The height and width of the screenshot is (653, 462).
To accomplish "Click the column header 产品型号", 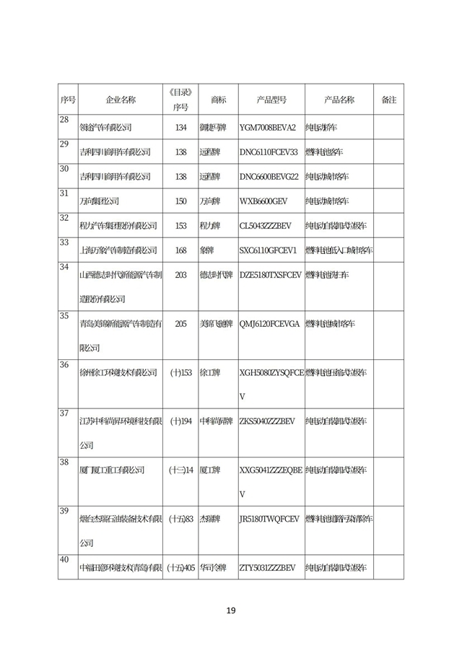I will pos(271,100).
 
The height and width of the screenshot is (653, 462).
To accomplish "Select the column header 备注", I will pos(388,100).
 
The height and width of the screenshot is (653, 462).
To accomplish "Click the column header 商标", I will pos(218,100).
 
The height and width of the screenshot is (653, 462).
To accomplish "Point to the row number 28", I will pos(64,120).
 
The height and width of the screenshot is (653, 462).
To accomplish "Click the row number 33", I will pos(64,242).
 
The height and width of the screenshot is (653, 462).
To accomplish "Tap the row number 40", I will pos(64,560).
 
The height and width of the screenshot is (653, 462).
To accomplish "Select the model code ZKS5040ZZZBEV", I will pos(267,421).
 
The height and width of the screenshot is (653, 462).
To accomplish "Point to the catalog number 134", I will pos(181,128).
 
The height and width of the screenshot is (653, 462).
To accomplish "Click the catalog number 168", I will pos(181,250).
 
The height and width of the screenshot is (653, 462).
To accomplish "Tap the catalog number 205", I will pos(181,324).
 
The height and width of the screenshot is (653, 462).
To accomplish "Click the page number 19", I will pos(231,610).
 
